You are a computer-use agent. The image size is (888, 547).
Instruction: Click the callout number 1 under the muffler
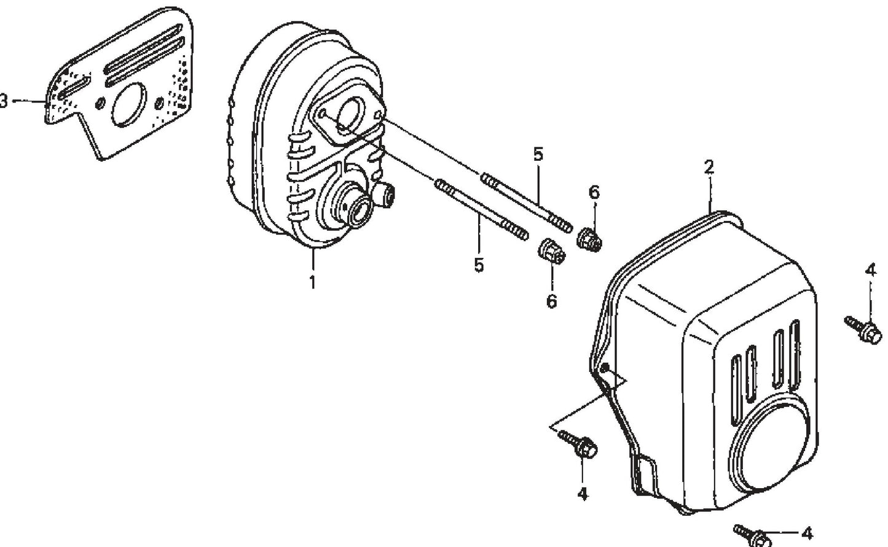point(312,283)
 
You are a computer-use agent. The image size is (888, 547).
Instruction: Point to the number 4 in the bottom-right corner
point(807,532)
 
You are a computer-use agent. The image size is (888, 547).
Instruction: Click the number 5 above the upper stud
point(538,154)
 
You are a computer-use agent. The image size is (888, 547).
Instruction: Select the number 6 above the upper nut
point(594,193)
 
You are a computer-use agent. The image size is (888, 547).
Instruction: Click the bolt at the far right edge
point(863,330)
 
